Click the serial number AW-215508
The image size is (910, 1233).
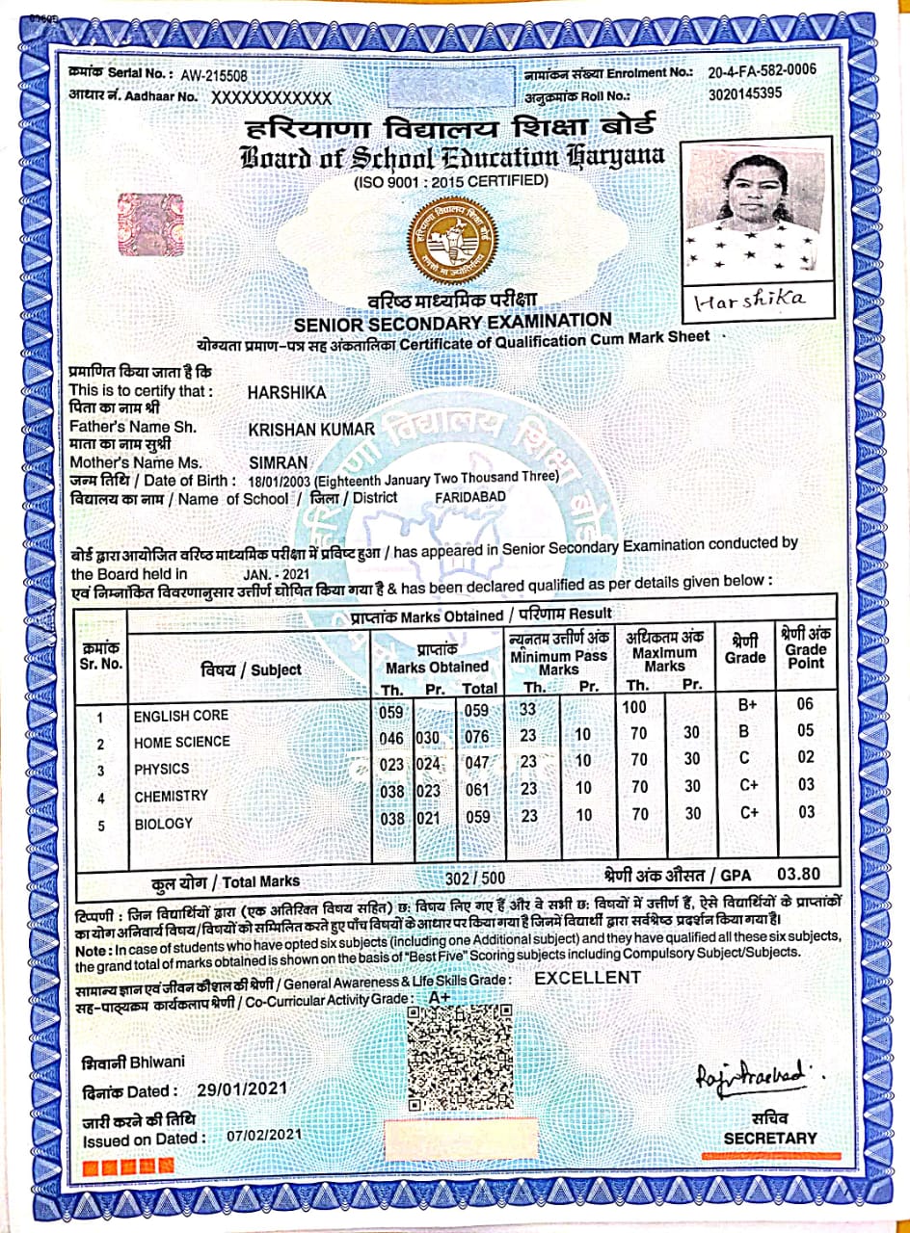coord(214,75)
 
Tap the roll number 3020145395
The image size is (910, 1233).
coord(745,94)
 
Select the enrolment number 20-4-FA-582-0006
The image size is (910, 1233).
coord(762,71)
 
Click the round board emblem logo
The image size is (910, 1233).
coord(448,236)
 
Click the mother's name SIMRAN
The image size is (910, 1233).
coord(278,462)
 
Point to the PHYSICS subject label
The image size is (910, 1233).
coord(162,770)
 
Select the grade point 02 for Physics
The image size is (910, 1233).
coord(806,758)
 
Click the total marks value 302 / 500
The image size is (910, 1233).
coord(475,879)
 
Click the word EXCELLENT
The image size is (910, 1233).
coord(588,978)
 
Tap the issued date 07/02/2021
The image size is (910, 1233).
coord(265,1136)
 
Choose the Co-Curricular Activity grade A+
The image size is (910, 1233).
coord(440,998)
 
